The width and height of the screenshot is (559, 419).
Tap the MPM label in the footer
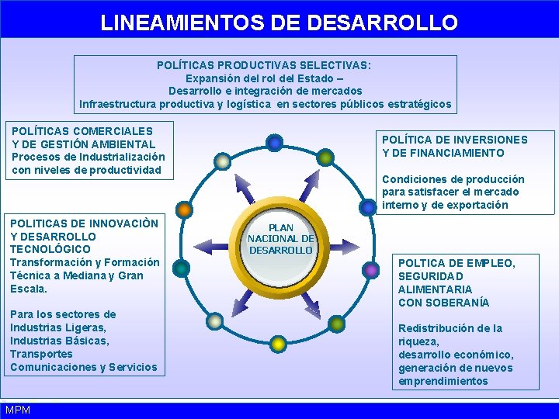[x=17, y=410]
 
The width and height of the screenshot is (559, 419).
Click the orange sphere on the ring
[x=184, y=209]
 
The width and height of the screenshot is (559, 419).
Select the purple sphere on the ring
[x=372, y=270]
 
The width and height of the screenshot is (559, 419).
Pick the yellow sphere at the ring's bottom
[x=277, y=342]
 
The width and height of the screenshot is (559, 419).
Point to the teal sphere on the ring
[x=182, y=268]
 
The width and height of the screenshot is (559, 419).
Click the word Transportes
[x=40, y=354]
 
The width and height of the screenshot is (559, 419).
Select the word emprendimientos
[x=443, y=381]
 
